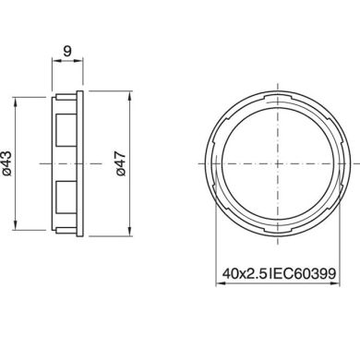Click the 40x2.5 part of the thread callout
tap(244, 274)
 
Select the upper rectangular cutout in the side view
tap(64, 126)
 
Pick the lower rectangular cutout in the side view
tap(64, 195)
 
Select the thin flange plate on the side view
tap(80, 161)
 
